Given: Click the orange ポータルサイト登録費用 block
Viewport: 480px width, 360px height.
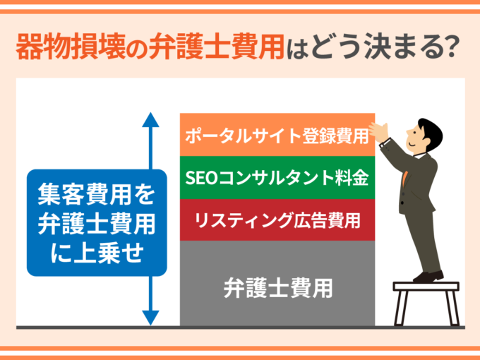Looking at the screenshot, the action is pos(277,135).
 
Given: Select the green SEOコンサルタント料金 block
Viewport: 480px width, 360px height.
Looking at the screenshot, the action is pos(277,178).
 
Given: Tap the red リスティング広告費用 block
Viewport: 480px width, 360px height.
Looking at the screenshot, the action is pos(277,220).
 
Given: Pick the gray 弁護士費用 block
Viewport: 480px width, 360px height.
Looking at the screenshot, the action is pos(277,284).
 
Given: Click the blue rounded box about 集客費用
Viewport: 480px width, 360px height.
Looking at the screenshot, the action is pos(97,222).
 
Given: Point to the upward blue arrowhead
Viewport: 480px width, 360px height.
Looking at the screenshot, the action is pos(150,120).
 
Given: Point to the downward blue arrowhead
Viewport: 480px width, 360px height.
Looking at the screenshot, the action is pos(150,318).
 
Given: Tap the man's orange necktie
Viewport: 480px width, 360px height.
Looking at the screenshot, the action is pos(404,179).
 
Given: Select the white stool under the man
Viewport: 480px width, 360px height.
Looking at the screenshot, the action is pos(426,304).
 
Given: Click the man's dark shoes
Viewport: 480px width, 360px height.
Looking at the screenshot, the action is pos(428,277).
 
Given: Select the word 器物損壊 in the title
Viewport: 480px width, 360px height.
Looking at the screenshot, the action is pos(71,47).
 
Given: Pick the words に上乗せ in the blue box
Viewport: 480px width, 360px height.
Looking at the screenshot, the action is pos(97,253).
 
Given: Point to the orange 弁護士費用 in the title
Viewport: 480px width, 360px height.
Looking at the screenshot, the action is pos(217,47).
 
